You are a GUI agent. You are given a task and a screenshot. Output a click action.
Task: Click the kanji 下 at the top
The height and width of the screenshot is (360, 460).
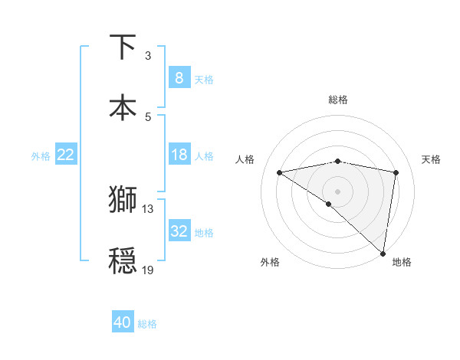tap(123, 47)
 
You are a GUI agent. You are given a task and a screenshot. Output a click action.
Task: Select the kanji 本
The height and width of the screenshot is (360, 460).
tap(123, 107)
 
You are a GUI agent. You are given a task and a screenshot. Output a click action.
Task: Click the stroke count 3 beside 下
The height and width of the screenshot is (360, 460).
tap(148, 56)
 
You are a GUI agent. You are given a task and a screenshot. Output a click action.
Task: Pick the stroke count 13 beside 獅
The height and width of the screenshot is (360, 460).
tap(148, 208)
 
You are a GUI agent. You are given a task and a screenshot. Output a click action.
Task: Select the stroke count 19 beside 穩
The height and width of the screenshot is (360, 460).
tap(148, 270)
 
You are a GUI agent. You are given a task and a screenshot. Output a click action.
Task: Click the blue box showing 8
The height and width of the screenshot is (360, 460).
tap(179, 77)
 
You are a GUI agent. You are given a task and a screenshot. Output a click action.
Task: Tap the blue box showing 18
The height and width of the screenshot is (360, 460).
tap(179, 155)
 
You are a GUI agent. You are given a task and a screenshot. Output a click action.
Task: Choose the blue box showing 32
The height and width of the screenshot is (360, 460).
tap(179, 231)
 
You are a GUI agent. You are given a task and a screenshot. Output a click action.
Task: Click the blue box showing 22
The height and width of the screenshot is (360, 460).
tap(66, 155)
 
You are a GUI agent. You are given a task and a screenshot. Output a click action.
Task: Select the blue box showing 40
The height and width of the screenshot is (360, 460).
tap(123, 322)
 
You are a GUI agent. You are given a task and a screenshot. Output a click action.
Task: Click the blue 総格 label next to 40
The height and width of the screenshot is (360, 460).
tap(148, 324)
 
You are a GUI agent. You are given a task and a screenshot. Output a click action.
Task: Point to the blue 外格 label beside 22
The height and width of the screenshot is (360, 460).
tap(41, 156)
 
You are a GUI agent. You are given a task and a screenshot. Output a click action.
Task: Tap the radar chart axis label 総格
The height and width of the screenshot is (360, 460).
tap(338, 100)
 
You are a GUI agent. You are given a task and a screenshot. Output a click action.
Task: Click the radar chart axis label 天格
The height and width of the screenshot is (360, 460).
tap(432, 159)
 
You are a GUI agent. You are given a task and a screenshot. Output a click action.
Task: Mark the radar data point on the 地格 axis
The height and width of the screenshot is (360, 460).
tap(383, 253)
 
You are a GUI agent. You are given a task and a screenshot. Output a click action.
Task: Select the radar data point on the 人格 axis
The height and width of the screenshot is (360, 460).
tap(280, 172)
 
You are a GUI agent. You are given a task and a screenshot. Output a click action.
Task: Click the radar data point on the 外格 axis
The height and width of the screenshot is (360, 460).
tap(329, 204)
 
